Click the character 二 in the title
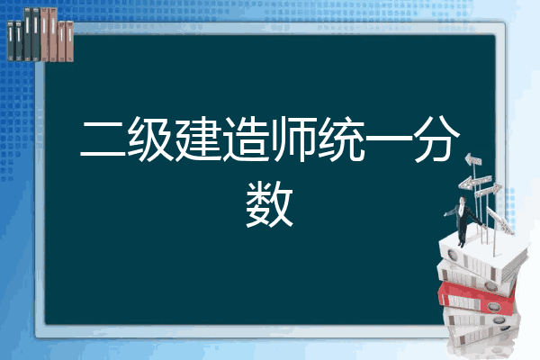pyautogui.click(x=103, y=139)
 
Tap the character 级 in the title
pyautogui.click(x=150, y=139)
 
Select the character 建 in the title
pyautogui.click(x=198, y=139)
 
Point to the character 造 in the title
pyautogui.click(x=246, y=139)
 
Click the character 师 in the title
pyautogui.click(x=293, y=139)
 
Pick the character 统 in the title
pyautogui.click(x=341, y=139)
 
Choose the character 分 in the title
pyautogui.click(x=436, y=139)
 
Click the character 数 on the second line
pyautogui.click(x=270, y=204)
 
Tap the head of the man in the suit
pyautogui.click(x=463, y=200)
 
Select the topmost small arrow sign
pyautogui.click(x=473, y=160)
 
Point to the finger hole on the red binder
pyautogui.click(x=493, y=306)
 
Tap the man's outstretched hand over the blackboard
pyautogui.click(x=445, y=214)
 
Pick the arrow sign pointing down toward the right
pyautogui.click(x=500, y=220)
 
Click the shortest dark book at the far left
pyautogui.click(x=11, y=40)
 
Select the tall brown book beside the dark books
pyautogui.click(x=45, y=35)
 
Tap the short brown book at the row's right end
pyautogui.click(x=69, y=41)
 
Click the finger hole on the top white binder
pyautogui.click(x=452, y=256)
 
